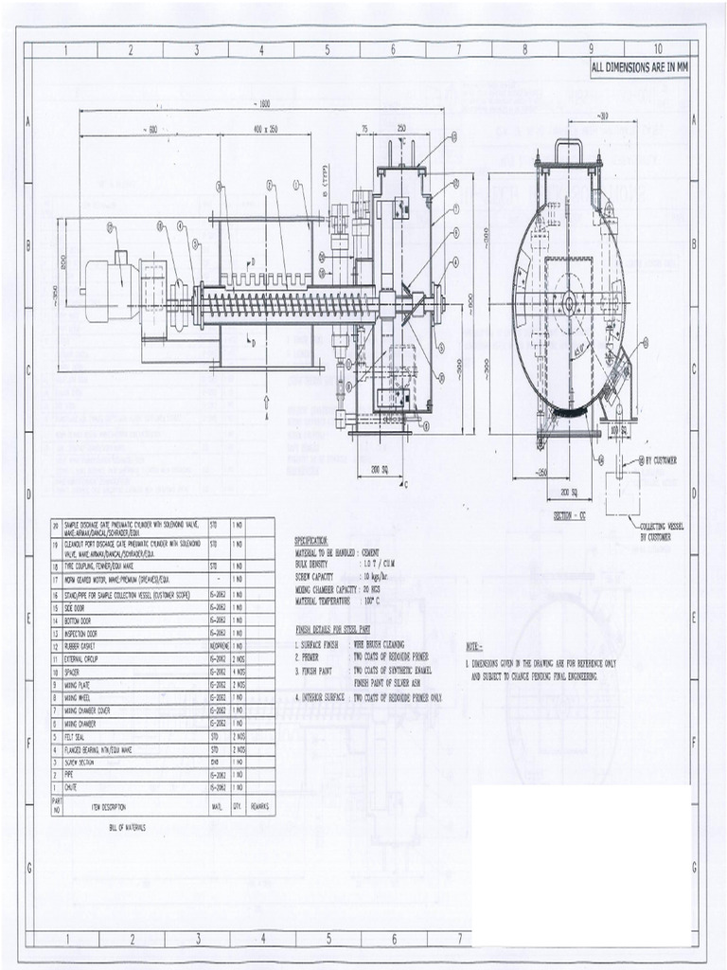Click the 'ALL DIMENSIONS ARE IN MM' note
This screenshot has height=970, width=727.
click(639, 68)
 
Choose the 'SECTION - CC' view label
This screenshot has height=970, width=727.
click(571, 516)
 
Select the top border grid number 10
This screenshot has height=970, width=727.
click(656, 48)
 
